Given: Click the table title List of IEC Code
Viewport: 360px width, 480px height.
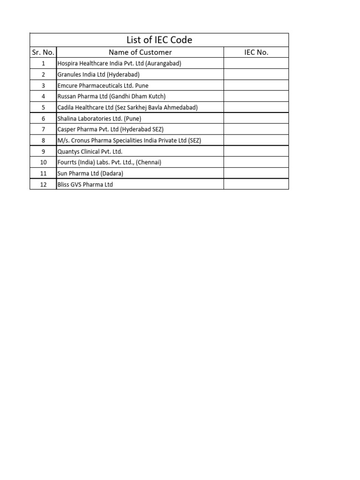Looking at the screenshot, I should click(x=159, y=40).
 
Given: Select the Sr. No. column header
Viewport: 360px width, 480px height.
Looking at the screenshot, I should click(x=43, y=52).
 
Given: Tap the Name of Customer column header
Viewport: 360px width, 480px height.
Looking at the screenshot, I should click(x=140, y=52).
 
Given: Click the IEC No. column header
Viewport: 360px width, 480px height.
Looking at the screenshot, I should click(x=256, y=52).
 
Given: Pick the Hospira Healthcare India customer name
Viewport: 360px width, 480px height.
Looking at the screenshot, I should click(x=119, y=63).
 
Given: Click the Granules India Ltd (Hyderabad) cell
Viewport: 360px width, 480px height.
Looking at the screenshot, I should click(x=98, y=75).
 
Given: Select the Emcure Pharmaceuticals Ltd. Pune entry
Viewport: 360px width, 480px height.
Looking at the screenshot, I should click(x=103, y=86).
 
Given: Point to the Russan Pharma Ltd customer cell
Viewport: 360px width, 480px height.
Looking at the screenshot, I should click(x=112, y=97).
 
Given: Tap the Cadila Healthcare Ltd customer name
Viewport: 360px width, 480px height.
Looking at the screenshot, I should click(x=127, y=107).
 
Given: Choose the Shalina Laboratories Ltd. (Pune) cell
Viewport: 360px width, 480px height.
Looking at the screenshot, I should click(x=99, y=119).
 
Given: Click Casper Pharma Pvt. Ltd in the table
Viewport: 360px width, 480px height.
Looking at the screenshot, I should click(x=111, y=129).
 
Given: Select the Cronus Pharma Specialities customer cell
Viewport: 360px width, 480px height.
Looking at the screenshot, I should click(x=129, y=141).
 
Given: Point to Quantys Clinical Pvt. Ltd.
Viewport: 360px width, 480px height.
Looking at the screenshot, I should click(x=90, y=151).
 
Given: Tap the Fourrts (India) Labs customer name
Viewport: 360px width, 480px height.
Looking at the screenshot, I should click(x=109, y=162).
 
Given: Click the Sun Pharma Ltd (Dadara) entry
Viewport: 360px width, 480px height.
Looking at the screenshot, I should click(x=90, y=173).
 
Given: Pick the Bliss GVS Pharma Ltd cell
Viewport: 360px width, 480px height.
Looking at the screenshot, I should click(x=85, y=184).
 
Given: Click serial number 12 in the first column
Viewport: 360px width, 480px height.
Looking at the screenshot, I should click(x=43, y=184).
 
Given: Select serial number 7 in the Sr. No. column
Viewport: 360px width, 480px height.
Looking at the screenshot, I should click(x=43, y=129).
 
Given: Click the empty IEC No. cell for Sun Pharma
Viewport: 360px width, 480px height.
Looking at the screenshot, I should click(x=256, y=173).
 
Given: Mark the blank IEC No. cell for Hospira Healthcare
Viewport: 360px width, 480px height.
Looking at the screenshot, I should click(x=256, y=63).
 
